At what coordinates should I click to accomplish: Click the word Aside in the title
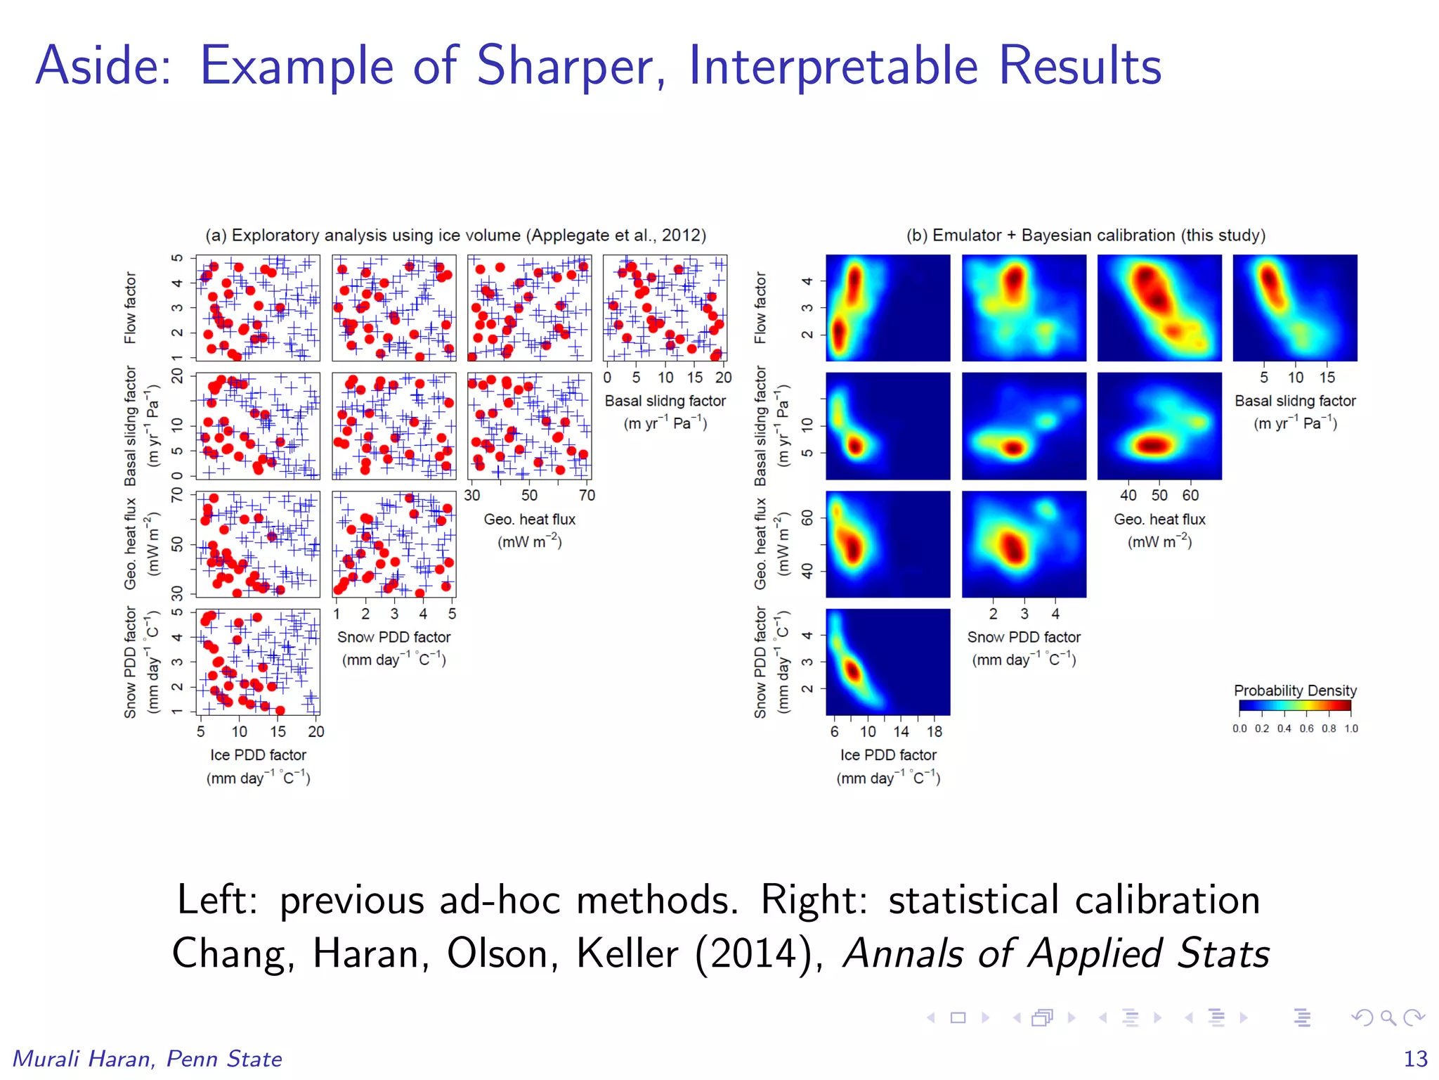(x=103, y=66)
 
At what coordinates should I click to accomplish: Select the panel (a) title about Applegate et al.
(x=455, y=235)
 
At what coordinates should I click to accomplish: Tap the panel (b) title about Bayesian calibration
(x=1086, y=235)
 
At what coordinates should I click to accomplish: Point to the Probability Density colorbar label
(x=1294, y=690)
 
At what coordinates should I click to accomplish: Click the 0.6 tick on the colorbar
(x=1306, y=728)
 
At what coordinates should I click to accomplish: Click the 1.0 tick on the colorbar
(x=1351, y=728)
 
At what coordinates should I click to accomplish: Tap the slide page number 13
(x=1415, y=1058)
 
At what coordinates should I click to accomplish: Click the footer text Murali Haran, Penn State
(x=148, y=1058)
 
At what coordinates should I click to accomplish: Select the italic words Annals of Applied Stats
(x=1056, y=954)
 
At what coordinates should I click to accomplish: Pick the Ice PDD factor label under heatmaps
(x=888, y=754)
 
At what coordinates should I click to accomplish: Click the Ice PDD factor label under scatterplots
(x=258, y=754)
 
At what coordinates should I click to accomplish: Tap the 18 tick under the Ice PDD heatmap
(x=934, y=731)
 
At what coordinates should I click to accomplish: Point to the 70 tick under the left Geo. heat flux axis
(x=587, y=495)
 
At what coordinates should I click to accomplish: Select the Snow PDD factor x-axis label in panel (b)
(x=1024, y=637)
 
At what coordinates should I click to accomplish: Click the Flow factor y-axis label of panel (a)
(x=130, y=307)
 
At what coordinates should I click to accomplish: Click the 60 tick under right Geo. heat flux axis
(x=1190, y=495)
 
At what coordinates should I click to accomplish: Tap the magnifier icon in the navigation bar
(x=1388, y=1017)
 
